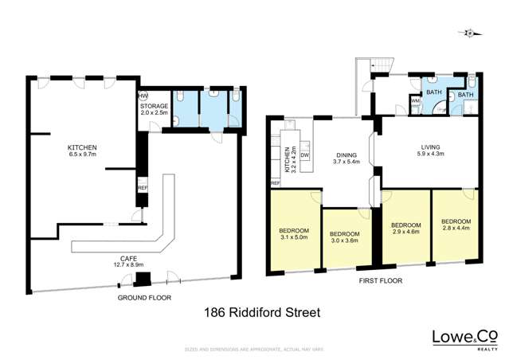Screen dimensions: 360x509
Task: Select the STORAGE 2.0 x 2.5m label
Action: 154,109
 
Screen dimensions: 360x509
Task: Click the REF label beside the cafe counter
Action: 143,188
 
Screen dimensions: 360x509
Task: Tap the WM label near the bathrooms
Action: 415,101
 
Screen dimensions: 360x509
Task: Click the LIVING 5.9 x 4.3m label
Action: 432,151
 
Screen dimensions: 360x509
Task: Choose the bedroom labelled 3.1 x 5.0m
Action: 295,233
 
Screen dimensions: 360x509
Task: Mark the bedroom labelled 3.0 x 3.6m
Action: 346,237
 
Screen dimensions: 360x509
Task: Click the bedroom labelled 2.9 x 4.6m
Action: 406,229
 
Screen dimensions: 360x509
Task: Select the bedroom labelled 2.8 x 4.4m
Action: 456,225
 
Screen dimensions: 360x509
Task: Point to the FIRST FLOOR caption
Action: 380,281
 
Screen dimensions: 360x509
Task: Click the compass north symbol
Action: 471,33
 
